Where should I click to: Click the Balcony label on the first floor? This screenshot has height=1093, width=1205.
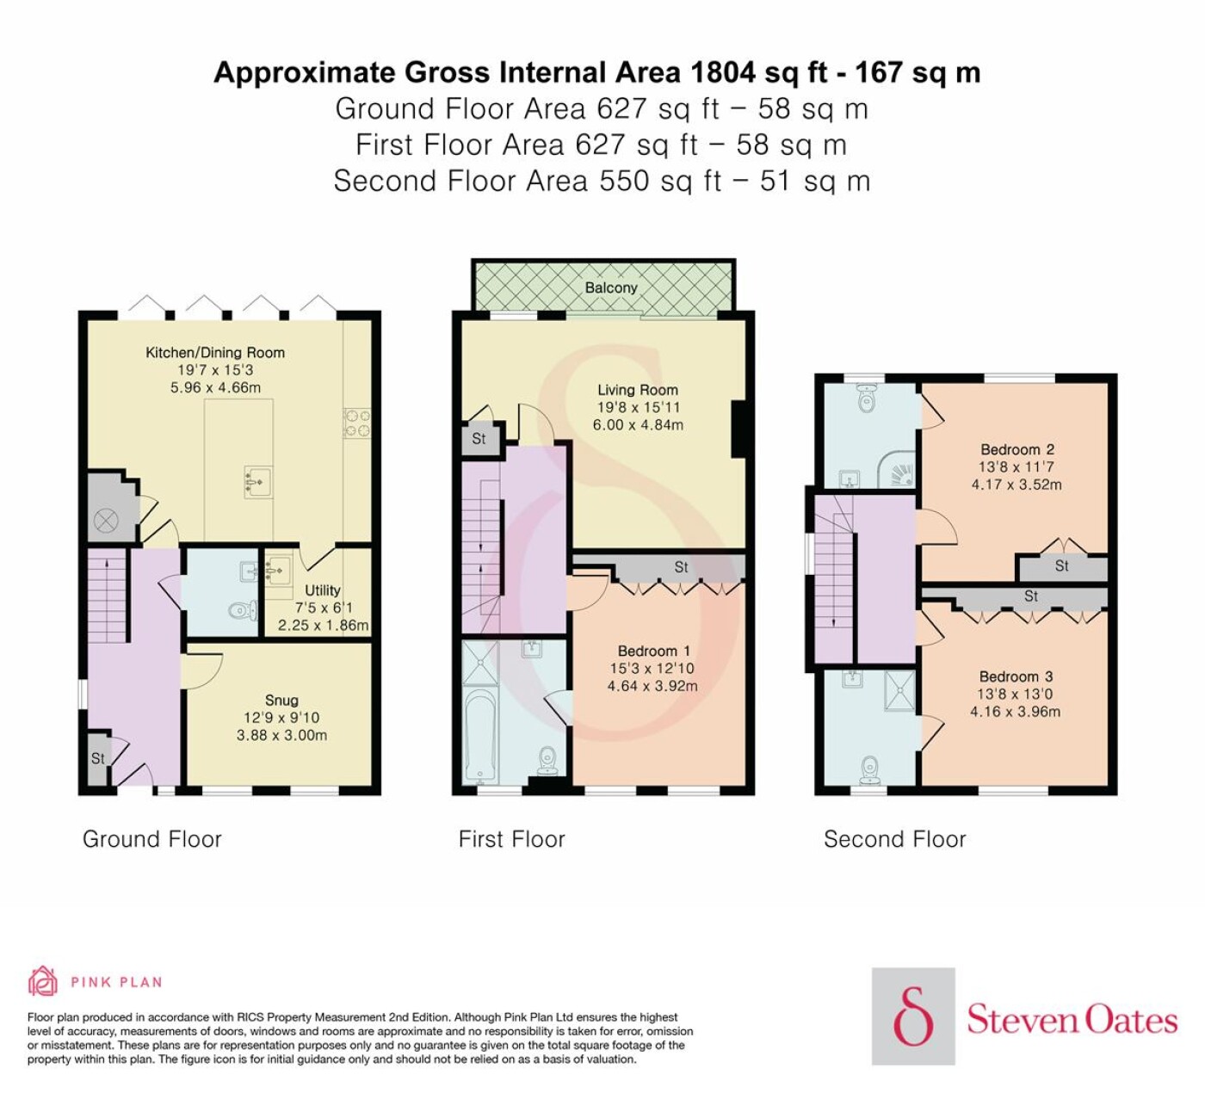(x=611, y=287)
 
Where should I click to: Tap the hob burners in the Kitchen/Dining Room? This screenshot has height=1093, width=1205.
(x=357, y=423)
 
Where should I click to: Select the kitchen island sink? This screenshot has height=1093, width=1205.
(x=259, y=481)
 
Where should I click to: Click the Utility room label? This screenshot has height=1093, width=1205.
(x=323, y=590)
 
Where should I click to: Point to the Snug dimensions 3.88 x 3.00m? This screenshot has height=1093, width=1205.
(x=281, y=735)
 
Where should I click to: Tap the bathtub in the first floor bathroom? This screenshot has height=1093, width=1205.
(x=479, y=737)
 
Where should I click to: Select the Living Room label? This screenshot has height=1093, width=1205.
(x=637, y=390)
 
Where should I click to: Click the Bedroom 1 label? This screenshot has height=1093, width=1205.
(x=653, y=651)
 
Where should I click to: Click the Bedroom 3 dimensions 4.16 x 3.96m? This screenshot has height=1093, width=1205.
(x=1015, y=712)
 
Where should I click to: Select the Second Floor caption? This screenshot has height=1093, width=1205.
(x=894, y=839)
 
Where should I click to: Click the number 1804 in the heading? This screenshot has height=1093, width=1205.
(x=723, y=72)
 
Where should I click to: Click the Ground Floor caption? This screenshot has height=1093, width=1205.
(x=152, y=839)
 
